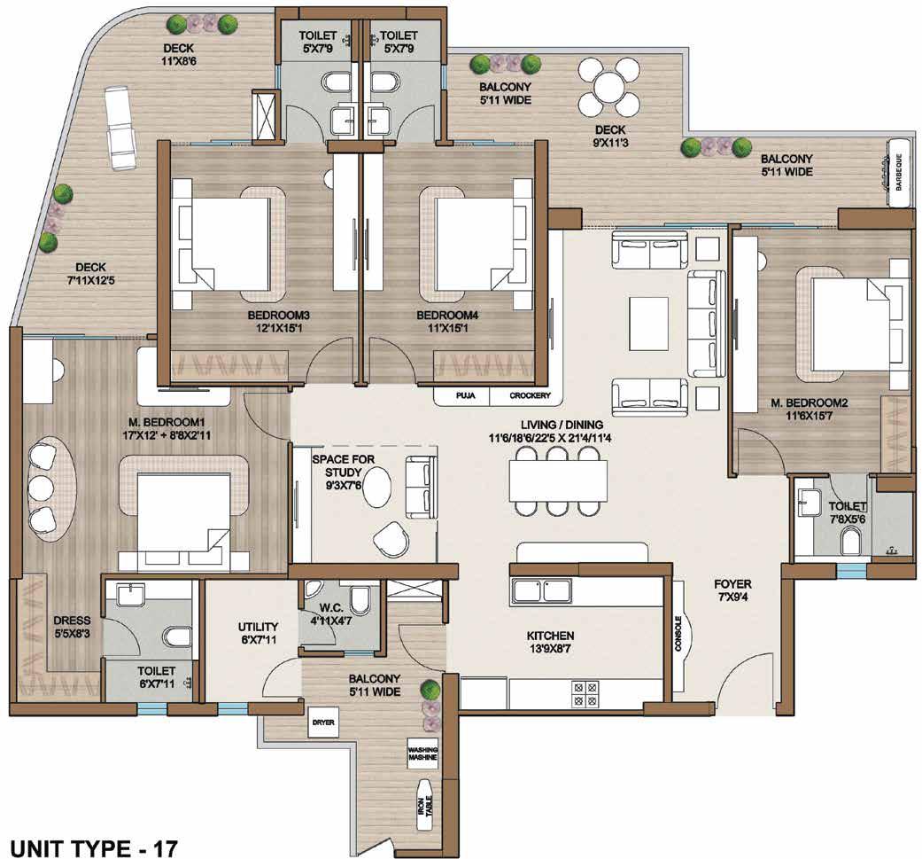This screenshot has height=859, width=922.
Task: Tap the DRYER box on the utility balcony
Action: click(x=323, y=722)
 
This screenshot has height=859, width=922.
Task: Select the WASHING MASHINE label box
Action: click(x=422, y=754)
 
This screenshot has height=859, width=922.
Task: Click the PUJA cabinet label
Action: click(x=465, y=396)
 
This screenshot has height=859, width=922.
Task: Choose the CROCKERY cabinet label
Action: click(x=530, y=396)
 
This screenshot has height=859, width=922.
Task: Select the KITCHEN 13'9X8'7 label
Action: click(x=550, y=642)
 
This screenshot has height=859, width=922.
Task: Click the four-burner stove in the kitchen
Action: click(x=585, y=693)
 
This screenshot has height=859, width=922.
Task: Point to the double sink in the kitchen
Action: click(x=541, y=590)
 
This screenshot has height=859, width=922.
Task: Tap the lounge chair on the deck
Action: click(x=120, y=129)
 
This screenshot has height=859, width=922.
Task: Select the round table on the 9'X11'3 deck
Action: click(x=608, y=89)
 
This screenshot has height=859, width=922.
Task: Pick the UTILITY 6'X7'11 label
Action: click(x=258, y=633)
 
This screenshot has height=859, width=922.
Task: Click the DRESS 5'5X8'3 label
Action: click(x=72, y=627)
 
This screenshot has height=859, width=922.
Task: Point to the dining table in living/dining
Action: click(x=558, y=480)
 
